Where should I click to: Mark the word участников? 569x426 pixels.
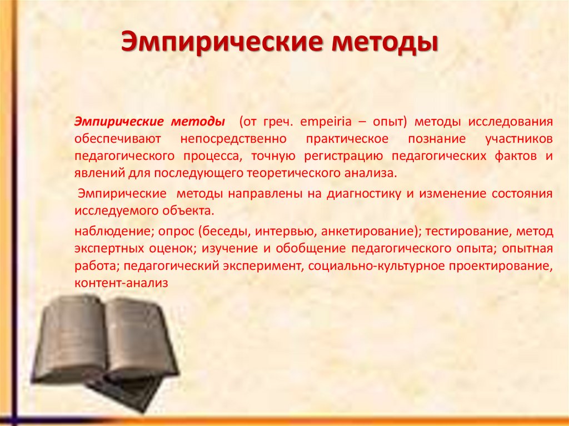518,138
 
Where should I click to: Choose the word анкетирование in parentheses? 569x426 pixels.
365,231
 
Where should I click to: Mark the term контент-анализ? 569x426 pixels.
121,283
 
